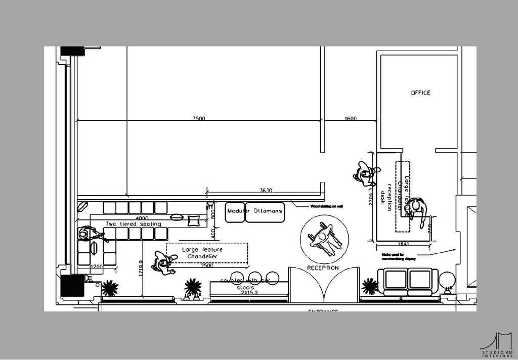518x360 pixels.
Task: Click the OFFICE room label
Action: tap(420, 93)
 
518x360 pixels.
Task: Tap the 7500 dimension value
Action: tap(199, 119)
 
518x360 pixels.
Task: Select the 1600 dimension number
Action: tap(350, 119)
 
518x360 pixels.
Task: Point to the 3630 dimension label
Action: tap(266, 191)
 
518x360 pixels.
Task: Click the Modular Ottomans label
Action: tap(254, 211)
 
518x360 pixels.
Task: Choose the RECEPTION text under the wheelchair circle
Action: tap(323, 267)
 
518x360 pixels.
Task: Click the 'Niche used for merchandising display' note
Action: tap(399, 256)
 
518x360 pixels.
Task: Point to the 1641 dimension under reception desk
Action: tap(402, 244)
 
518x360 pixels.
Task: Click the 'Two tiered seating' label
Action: tap(133, 223)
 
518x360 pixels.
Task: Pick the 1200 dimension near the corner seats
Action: tap(97, 266)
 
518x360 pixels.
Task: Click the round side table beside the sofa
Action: tap(447, 280)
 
